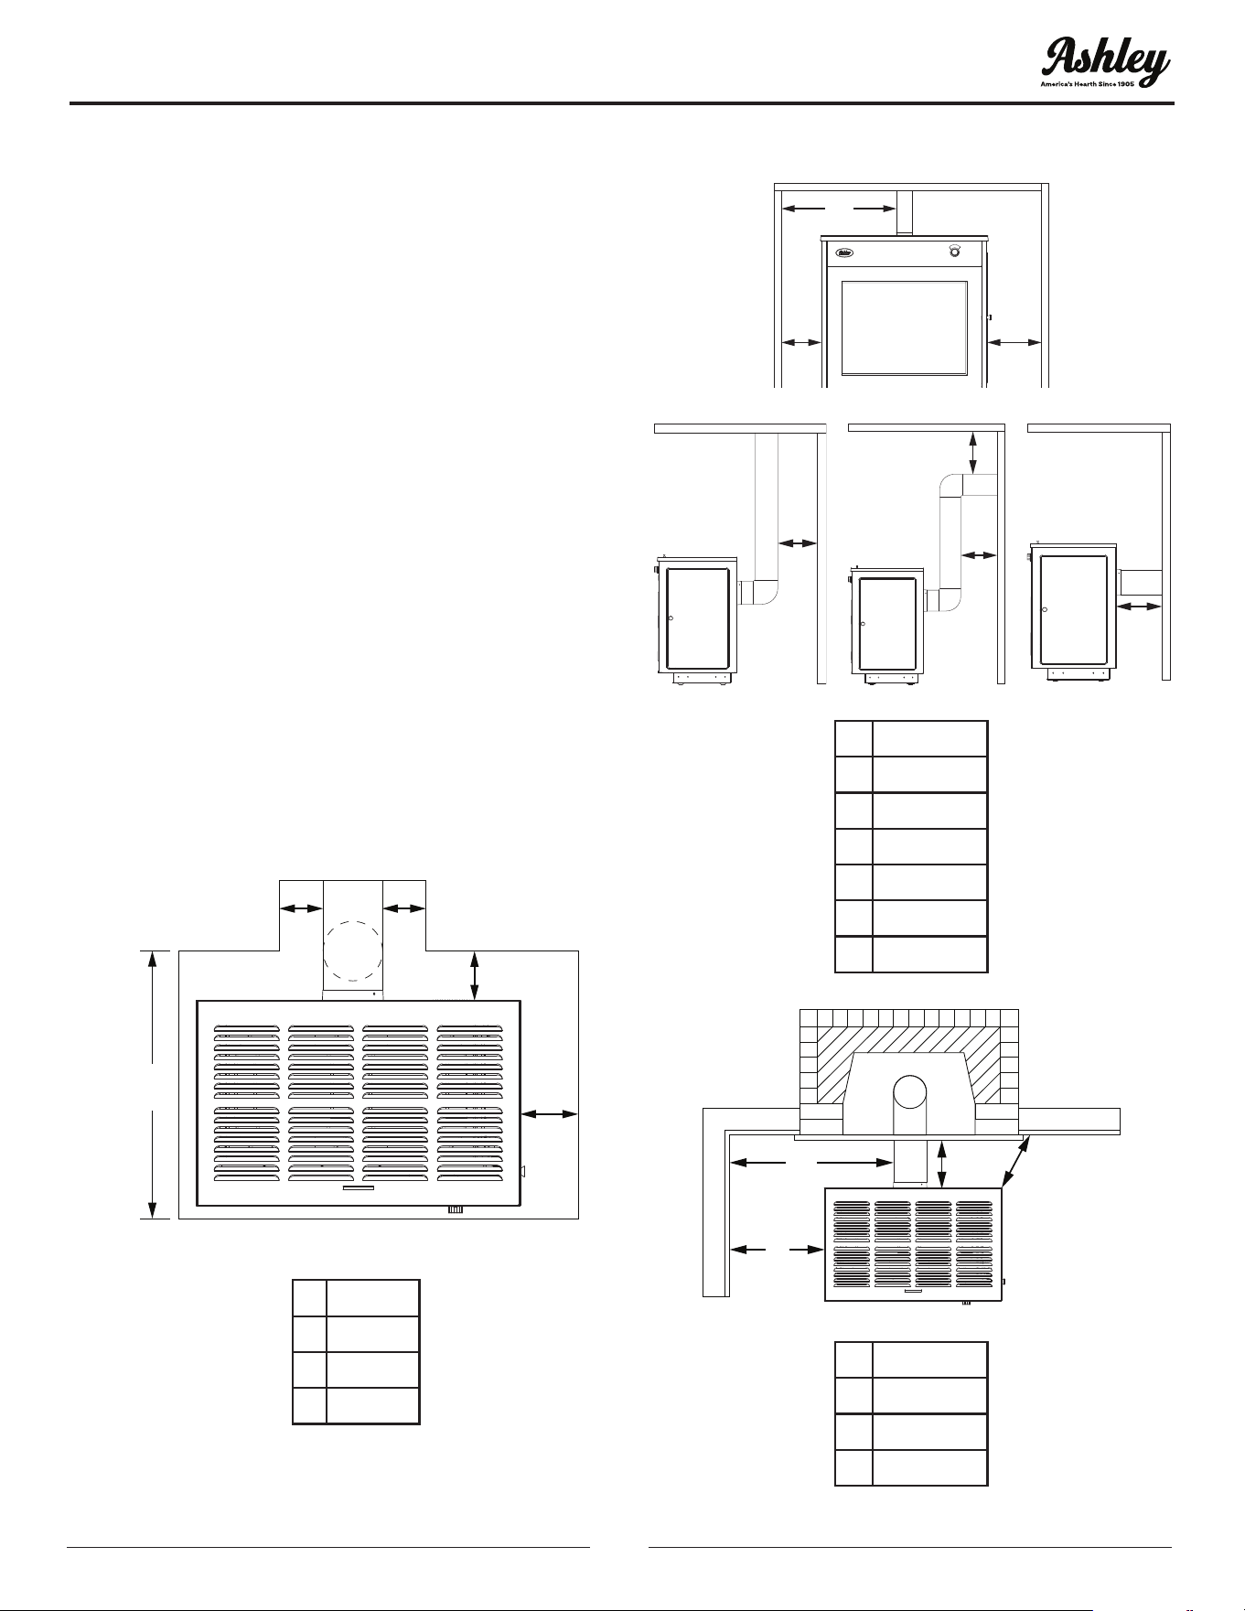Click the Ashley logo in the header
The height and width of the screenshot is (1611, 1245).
tap(1106, 62)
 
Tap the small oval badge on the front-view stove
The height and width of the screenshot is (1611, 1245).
tap(845, 251)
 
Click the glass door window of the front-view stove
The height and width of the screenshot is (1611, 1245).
tap(905, 328)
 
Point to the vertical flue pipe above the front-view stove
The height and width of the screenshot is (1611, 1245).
tap(905, 212)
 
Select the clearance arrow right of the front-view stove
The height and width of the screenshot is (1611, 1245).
tap(1015, 343)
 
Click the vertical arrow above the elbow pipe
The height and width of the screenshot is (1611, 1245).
tap(972, 452)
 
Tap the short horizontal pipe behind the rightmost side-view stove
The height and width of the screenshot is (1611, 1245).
tap(1140, 582)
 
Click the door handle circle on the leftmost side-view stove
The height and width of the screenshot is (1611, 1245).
tap(671, 619)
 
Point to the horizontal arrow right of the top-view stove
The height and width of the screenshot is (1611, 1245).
tap(550, 1113)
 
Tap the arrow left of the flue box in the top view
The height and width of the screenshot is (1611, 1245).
tap(301, 908)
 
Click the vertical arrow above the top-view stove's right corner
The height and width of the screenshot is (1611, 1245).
tap(474, 976)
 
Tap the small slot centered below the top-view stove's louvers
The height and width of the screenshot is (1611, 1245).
tap(358, 1189)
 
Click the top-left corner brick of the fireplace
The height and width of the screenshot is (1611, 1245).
tap(809, 1018)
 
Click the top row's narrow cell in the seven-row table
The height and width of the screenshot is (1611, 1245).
tap(853, 738)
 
